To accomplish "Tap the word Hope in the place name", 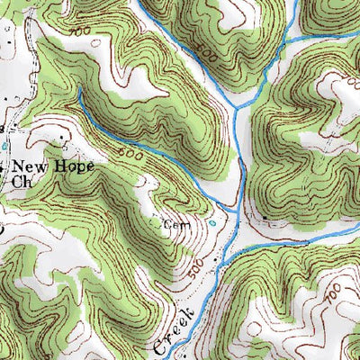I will coord(74,166).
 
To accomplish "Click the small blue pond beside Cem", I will coord(212,222).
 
